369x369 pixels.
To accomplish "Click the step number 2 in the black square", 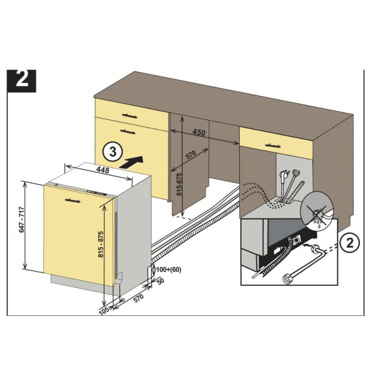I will coord(22,81).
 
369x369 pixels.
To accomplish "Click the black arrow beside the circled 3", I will coord(132,162).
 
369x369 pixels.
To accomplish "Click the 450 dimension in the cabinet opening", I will coord(198,133).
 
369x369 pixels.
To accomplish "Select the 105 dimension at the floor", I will coord(104,311).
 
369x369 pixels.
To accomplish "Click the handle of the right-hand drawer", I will coord(276,145).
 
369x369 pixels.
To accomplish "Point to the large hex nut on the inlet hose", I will coord(287,279).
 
